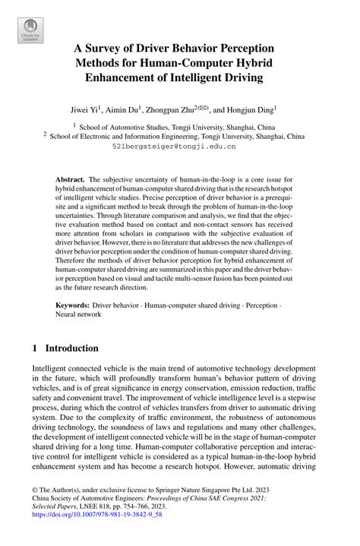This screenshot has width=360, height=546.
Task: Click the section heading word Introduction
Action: tap(71, 349)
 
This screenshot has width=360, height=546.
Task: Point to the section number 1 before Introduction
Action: tap(35, 349)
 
